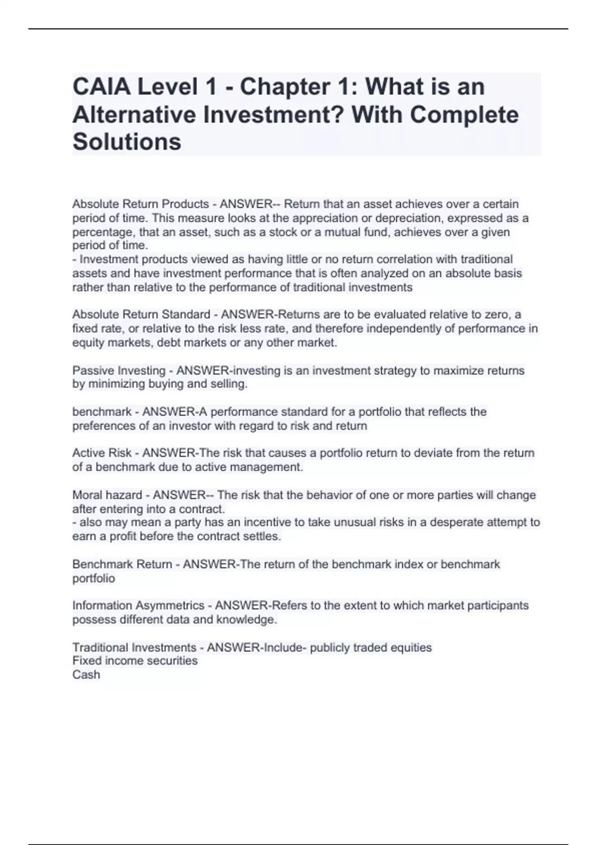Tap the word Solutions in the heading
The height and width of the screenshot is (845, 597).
pyautogui.click(x=127, y=142)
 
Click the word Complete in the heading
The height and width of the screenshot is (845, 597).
pyautogui.click(x=464, y=114)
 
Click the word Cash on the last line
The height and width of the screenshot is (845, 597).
pyautogui.click(x=86, y=675)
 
